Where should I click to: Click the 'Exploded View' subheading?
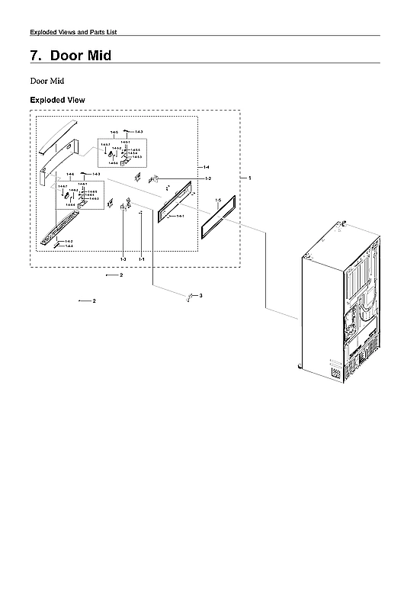click(x=57, y=100)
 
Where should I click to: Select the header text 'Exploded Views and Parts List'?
click(x=72, y=32)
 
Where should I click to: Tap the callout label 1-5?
click(x=218, y=201)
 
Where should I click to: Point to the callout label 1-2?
click(x=207, y=178)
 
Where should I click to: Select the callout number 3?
click(x=200, y=295)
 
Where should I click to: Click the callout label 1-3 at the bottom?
click(x=123, y=260)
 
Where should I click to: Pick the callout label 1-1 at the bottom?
click(x=142, y=260)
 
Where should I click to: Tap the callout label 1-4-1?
click(x=181, y=217)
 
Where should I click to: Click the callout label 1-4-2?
click(x=69, y=242)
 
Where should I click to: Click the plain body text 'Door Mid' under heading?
click(x=46, y=80)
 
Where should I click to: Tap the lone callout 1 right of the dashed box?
click(x=249, y=178)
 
